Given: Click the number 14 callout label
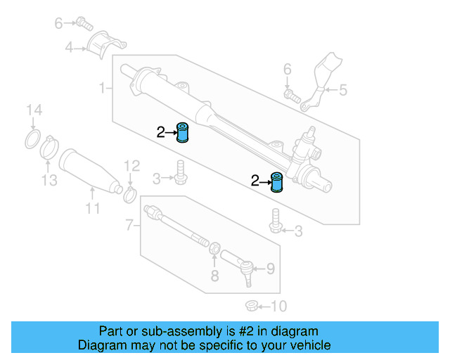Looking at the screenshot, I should coord(34,110).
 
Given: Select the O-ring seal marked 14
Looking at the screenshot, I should coord(32,139).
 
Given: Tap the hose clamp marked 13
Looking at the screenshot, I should coord(49,149).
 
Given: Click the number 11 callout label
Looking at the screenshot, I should coord(93,209).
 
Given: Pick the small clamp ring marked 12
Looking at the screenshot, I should coord(129,193).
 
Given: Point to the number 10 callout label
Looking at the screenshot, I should coord(279,306).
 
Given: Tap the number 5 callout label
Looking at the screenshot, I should coord(343,89).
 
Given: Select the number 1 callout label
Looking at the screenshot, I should coord(102,89).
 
